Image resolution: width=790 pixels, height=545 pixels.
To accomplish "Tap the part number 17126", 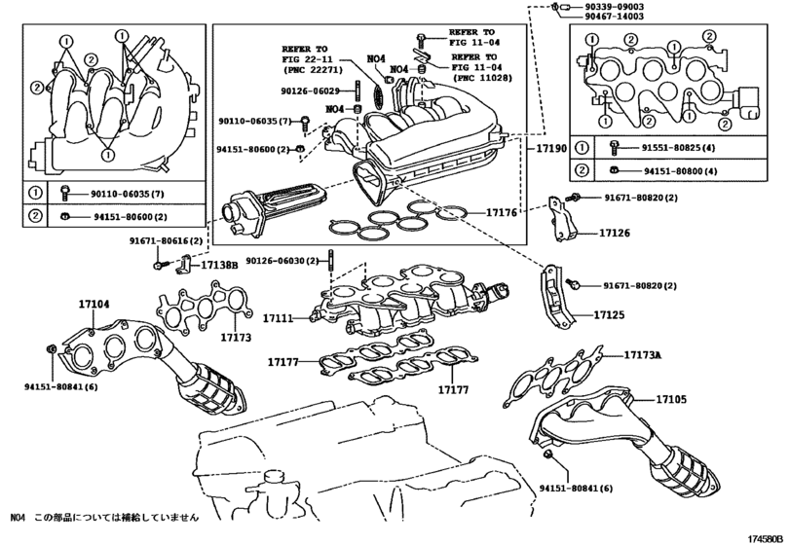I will pyautogui.click(x=614, y=234).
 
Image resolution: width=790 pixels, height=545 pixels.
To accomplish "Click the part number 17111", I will pyautogui.click(x=278, y=317).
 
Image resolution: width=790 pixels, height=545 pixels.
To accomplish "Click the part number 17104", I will pyautogui.click(x=94, y=305).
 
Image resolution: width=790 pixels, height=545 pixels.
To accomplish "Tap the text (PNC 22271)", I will pyautogui.click(x=309, y=71).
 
